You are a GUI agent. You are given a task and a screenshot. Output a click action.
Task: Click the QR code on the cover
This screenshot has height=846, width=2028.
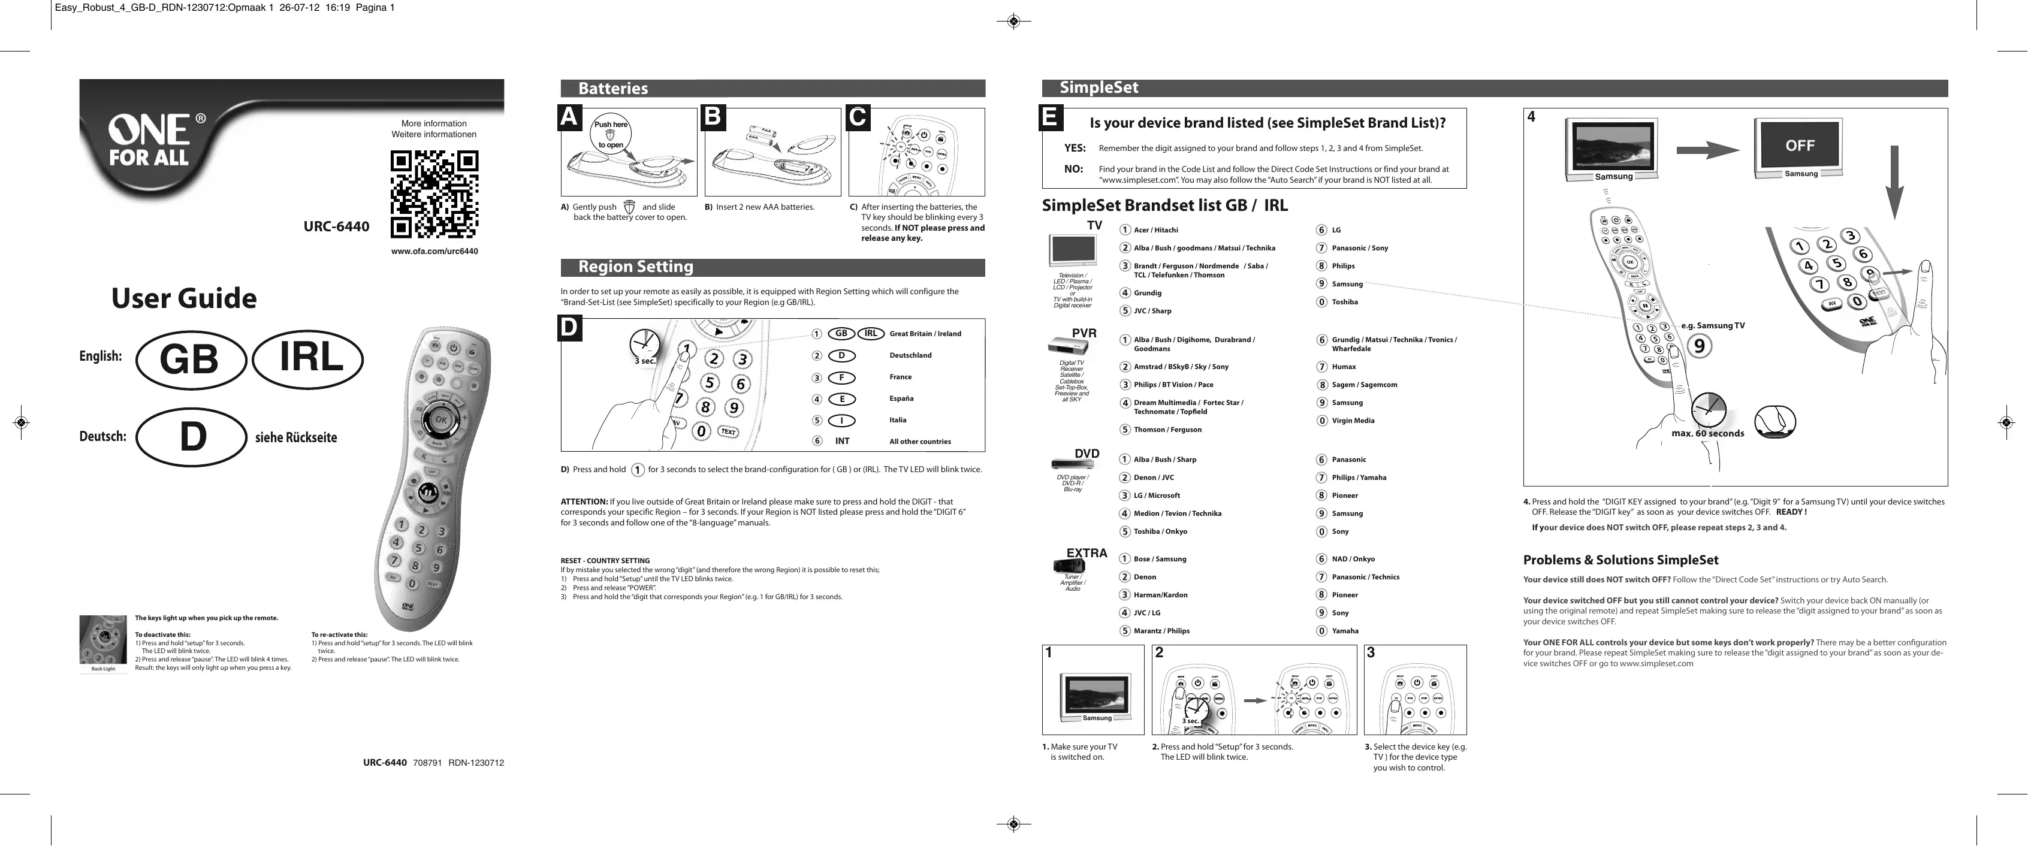434,194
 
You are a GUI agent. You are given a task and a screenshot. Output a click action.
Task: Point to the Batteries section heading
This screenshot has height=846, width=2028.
613,88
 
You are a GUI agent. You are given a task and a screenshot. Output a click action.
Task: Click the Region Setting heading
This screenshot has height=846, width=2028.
635,267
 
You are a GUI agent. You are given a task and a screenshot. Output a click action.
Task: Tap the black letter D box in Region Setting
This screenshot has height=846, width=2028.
569,328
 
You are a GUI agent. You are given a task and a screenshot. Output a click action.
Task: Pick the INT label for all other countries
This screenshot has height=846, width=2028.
841,442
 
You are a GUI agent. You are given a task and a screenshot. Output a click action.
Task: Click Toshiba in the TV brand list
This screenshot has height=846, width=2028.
1345,302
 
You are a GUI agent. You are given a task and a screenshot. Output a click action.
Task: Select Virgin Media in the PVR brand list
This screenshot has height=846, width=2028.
1353,421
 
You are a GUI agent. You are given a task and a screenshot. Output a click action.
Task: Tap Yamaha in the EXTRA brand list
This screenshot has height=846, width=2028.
1345,631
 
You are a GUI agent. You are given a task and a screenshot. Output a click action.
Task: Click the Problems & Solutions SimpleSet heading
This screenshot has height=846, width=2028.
1620,560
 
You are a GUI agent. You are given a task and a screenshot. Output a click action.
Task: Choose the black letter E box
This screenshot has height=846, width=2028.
1049,117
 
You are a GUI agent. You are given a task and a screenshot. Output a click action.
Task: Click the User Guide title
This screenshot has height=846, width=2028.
183,298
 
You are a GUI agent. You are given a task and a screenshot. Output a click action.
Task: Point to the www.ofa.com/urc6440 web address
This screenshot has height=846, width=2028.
434,252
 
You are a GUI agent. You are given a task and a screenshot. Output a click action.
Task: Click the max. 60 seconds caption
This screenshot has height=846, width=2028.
1707,434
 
